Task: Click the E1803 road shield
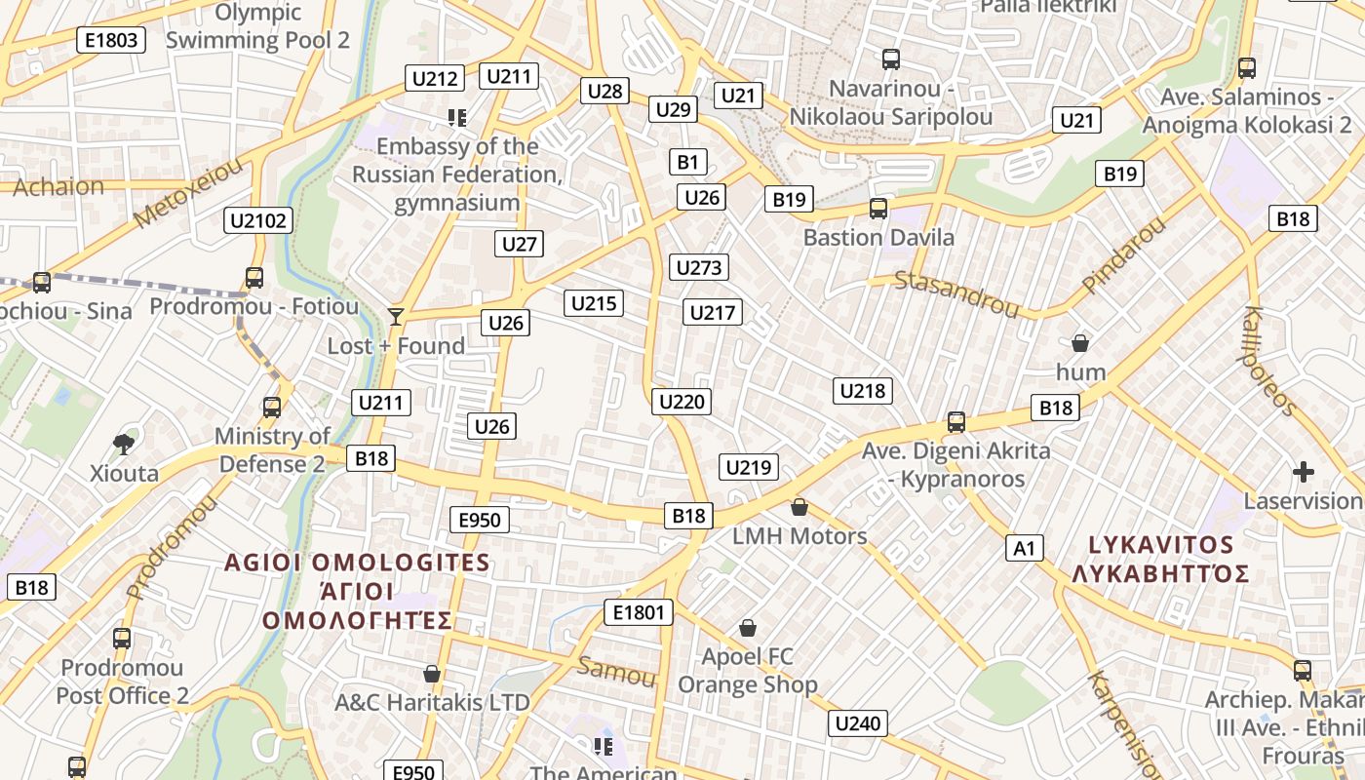[111, 40]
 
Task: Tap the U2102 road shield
[258, 220]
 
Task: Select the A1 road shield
[1024, 548]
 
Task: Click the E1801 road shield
[639, 612]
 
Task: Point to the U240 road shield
[858, 723]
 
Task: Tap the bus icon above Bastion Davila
[878, 208]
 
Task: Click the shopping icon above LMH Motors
[799, 507]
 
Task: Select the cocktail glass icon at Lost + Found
[395, 316]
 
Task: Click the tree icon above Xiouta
[124, 445]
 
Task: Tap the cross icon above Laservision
[1303, 472]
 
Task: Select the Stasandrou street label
[956, 293]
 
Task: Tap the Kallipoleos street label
[1270, 361]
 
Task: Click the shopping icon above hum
[1079, 343]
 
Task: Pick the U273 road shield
[698, 267]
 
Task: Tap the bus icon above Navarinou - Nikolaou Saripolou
[890, 59]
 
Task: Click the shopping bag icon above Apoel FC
[748, 627]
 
